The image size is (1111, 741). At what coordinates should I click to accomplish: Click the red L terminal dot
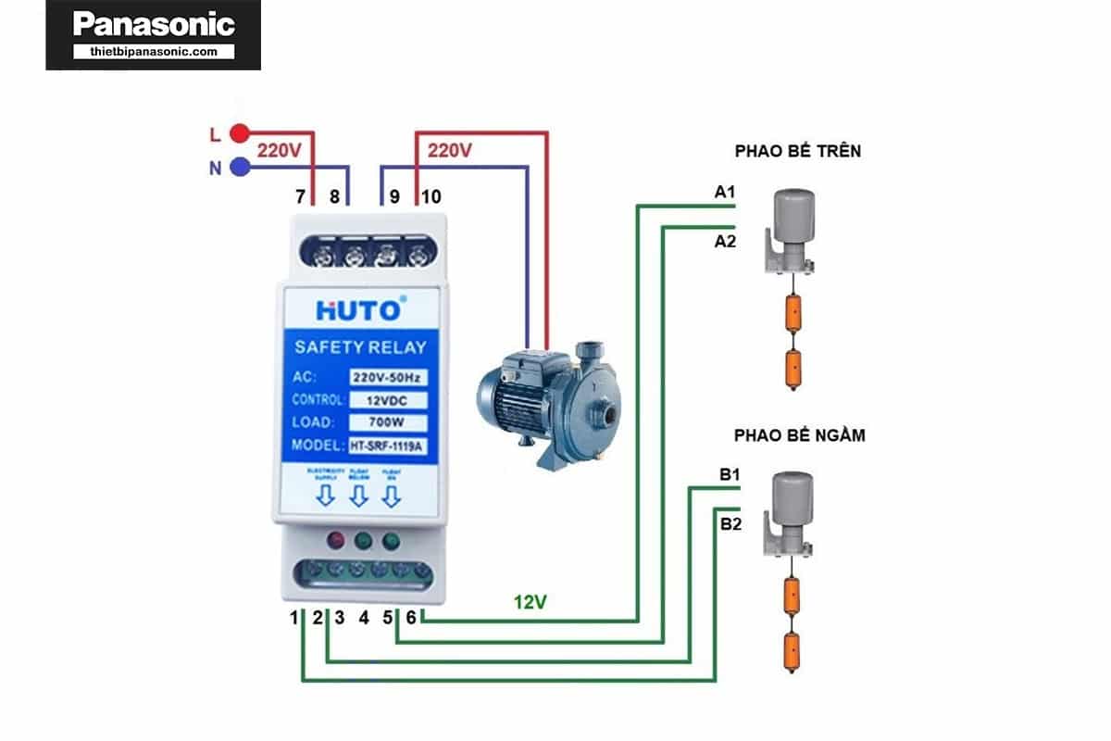[x=239, y=133]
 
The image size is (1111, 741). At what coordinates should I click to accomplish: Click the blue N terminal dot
[x=239, y=168]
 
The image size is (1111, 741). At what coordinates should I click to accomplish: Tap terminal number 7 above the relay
[x=300, y=197]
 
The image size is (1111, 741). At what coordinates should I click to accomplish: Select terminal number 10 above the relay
[x=431, y=197]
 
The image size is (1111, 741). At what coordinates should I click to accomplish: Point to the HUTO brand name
[x=358, y=309]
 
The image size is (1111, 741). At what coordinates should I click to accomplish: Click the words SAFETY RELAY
[x=360, y=348]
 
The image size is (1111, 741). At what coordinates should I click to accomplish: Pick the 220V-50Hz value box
[x=388, y=378]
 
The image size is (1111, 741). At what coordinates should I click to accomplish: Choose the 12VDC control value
[x=388, y=401]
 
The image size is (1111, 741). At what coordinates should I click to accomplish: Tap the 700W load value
[x=388, y=423]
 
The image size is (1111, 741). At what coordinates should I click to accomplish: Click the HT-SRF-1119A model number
[x=388, y=446]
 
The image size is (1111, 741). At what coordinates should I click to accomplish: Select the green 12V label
[x=531, y=602]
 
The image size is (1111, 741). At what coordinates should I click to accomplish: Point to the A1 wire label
[x=724, y=193]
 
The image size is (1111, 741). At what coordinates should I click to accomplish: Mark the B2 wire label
[x=730, y=524]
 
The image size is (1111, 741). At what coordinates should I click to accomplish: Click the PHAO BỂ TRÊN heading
[x=797, y=151]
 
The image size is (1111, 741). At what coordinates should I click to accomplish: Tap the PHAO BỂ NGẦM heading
[x=799, y=434]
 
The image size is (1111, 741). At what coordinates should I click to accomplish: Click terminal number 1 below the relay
[x=295, y=617]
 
